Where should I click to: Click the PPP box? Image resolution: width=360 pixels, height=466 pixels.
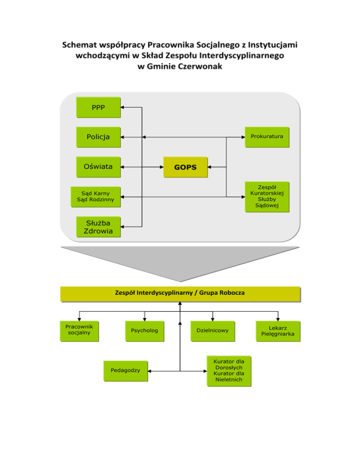[98, 107]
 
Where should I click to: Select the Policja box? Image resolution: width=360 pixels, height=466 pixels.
[98, 137]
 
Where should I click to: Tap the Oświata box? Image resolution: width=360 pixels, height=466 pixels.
[98, 166]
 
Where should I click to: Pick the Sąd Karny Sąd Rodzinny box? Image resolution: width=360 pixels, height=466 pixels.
[95, 197]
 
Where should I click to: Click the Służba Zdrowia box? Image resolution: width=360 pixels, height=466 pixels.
[98, 227]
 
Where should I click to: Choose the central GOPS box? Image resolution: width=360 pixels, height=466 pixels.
[185, 167]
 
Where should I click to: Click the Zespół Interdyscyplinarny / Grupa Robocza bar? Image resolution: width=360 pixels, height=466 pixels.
[180, 293]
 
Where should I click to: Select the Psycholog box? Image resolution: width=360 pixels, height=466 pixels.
[144, 331]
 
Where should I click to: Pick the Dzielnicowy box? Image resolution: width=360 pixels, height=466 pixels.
[212, 331]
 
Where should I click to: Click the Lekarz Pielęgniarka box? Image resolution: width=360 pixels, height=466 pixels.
[278, 331]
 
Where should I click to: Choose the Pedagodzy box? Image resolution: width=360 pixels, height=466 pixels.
[125, 370]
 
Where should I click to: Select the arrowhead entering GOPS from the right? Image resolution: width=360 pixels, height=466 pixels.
[210, 166]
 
